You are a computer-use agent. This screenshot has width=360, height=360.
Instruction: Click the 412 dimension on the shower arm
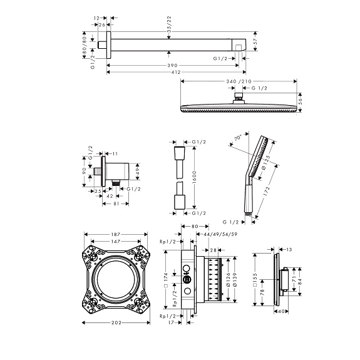click(176, 73)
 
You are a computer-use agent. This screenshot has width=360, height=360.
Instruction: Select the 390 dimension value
click(172, 66)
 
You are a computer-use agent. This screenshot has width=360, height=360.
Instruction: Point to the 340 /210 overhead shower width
click(239, 81)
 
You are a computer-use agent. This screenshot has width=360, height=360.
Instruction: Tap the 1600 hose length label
click(195, 177)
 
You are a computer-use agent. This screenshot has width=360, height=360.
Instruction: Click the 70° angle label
click(238, 138)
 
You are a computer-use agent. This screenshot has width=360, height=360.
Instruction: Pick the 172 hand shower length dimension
click(267, 191)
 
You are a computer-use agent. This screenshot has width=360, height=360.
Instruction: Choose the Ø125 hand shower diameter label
click(266, 162)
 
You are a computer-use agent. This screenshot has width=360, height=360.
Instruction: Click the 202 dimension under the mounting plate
click(116, 322)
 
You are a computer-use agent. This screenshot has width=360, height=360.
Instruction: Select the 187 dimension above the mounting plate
click(115, 234)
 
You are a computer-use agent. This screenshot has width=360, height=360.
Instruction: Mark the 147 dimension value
click(115, 241)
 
